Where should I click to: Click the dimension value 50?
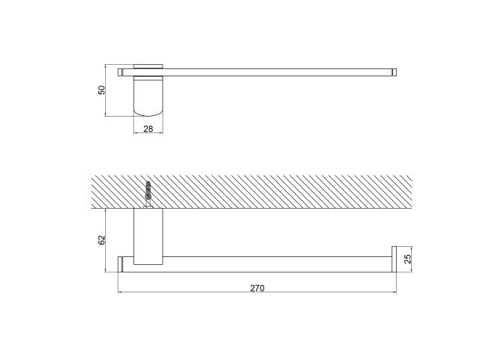102,90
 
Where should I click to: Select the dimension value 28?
148,129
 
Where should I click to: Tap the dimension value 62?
102,240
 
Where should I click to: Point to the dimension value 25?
408,259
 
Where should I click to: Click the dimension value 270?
257,288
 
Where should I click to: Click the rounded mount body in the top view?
148,96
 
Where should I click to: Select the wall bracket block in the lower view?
148,237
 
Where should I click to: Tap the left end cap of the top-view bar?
120,72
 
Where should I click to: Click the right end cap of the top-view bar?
394,72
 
